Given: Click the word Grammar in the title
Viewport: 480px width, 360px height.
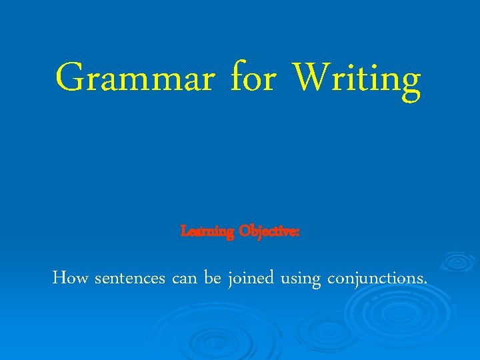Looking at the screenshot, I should (135, 79).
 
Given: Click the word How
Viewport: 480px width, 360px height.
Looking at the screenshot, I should (71, 278).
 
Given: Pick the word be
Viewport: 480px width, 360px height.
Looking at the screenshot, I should (213, 278).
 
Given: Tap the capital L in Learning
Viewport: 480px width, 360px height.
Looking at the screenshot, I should (185, 231).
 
